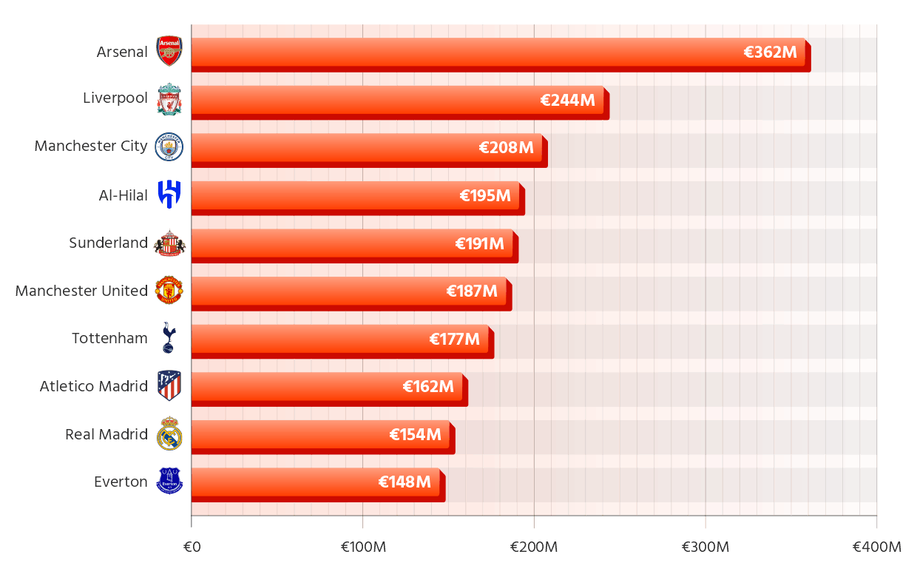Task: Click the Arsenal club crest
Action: [x=169, y=52]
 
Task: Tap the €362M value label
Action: [x=770, y=53]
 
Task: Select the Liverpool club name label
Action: [x=115, y=98]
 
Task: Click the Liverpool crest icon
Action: [x=169, y=99]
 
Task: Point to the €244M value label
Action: [x=567, y=101]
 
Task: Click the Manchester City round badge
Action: [x=169, y=147]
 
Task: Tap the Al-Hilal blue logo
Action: [x=169, y=195]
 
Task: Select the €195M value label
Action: [x=485, y=196]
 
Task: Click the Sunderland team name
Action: [x=108, y=243]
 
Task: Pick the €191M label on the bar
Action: [x=480, y=244]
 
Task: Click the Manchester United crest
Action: [x=169, y=291]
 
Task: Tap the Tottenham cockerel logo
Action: [x=169, y=338]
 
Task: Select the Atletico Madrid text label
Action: [x=93, y=386]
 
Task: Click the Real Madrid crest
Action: [x=169, y=434]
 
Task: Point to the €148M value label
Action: [x=405, y=482]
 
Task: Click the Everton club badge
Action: [x=169, y=482]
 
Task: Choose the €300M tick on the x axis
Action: [x=705, y=547]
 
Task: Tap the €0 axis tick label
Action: [x=192, y=547]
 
